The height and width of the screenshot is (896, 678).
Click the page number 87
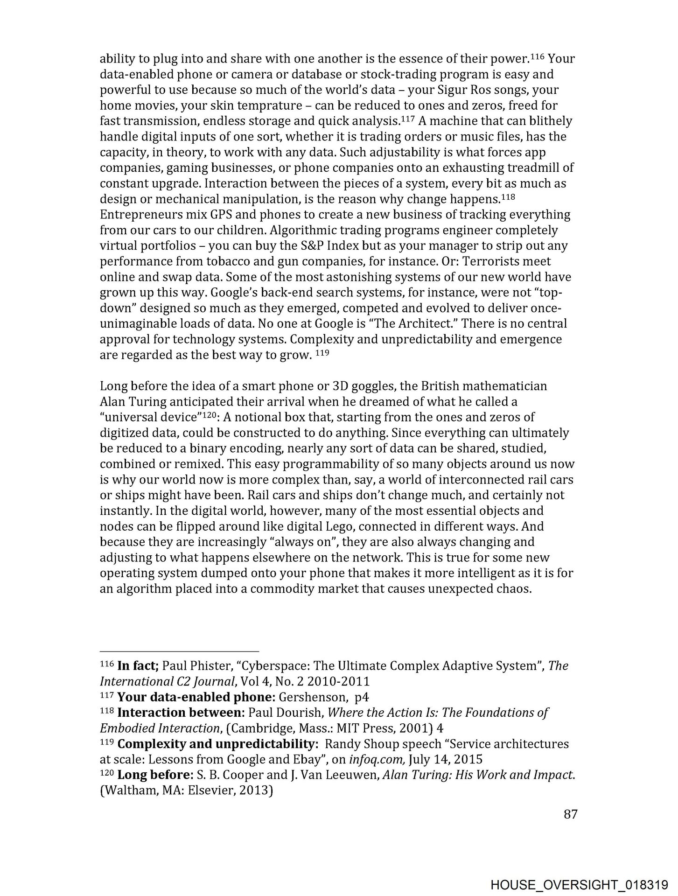click(571, 814)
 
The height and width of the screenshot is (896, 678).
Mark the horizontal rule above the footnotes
click(179, 651)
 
